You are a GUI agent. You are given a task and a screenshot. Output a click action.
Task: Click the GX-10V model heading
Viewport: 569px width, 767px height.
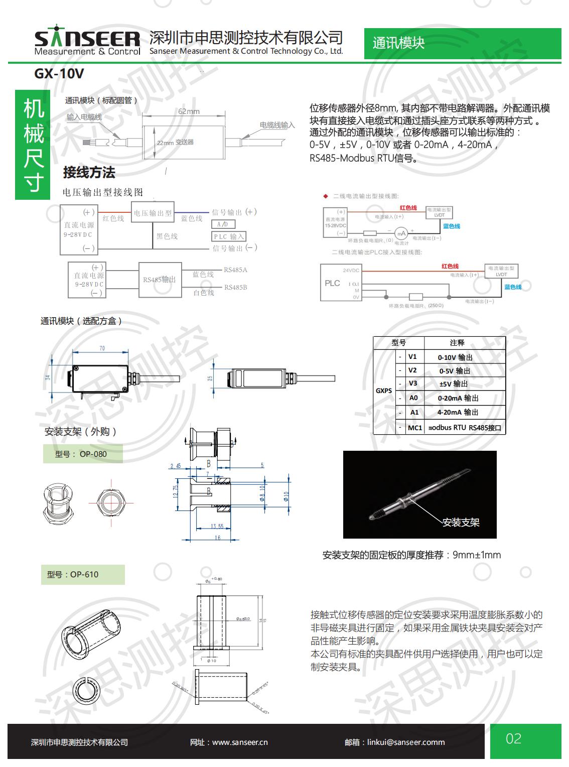coord(59,74)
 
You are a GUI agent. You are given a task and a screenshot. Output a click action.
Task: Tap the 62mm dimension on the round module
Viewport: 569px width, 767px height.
coord(189,111)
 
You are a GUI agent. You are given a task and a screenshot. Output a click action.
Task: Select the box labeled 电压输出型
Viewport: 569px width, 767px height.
coord(153,213)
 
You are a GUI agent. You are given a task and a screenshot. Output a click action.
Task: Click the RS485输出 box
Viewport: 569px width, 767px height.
coord(159,280)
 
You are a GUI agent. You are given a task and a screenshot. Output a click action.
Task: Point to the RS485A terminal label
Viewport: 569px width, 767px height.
coord(235,270)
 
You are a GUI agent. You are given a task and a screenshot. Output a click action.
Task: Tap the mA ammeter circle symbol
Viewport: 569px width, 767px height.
coord(401,233)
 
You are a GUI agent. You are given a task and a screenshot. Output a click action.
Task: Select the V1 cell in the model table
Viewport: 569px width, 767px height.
coord(412,357)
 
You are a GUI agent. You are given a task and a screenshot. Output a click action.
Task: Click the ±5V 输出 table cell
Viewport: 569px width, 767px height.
coord(454,384)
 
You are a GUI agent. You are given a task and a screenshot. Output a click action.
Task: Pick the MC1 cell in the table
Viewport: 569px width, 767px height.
coord(415,428)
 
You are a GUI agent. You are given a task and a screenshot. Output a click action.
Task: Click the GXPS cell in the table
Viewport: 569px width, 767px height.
coord(384,391)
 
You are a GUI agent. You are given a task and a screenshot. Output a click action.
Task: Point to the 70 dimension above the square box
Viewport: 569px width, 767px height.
coord(102,348)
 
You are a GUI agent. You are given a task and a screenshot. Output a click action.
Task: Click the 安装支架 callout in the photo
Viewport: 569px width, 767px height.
coord(461,523)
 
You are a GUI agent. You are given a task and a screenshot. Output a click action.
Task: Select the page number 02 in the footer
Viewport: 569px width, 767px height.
coord(514,739)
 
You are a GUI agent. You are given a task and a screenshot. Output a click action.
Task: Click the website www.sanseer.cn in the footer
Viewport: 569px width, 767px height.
coord(229,742)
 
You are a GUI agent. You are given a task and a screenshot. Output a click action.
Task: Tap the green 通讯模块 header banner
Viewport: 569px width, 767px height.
coord(399,43)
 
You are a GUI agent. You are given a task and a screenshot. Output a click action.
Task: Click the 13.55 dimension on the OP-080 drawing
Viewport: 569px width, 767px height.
coord(217,527)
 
